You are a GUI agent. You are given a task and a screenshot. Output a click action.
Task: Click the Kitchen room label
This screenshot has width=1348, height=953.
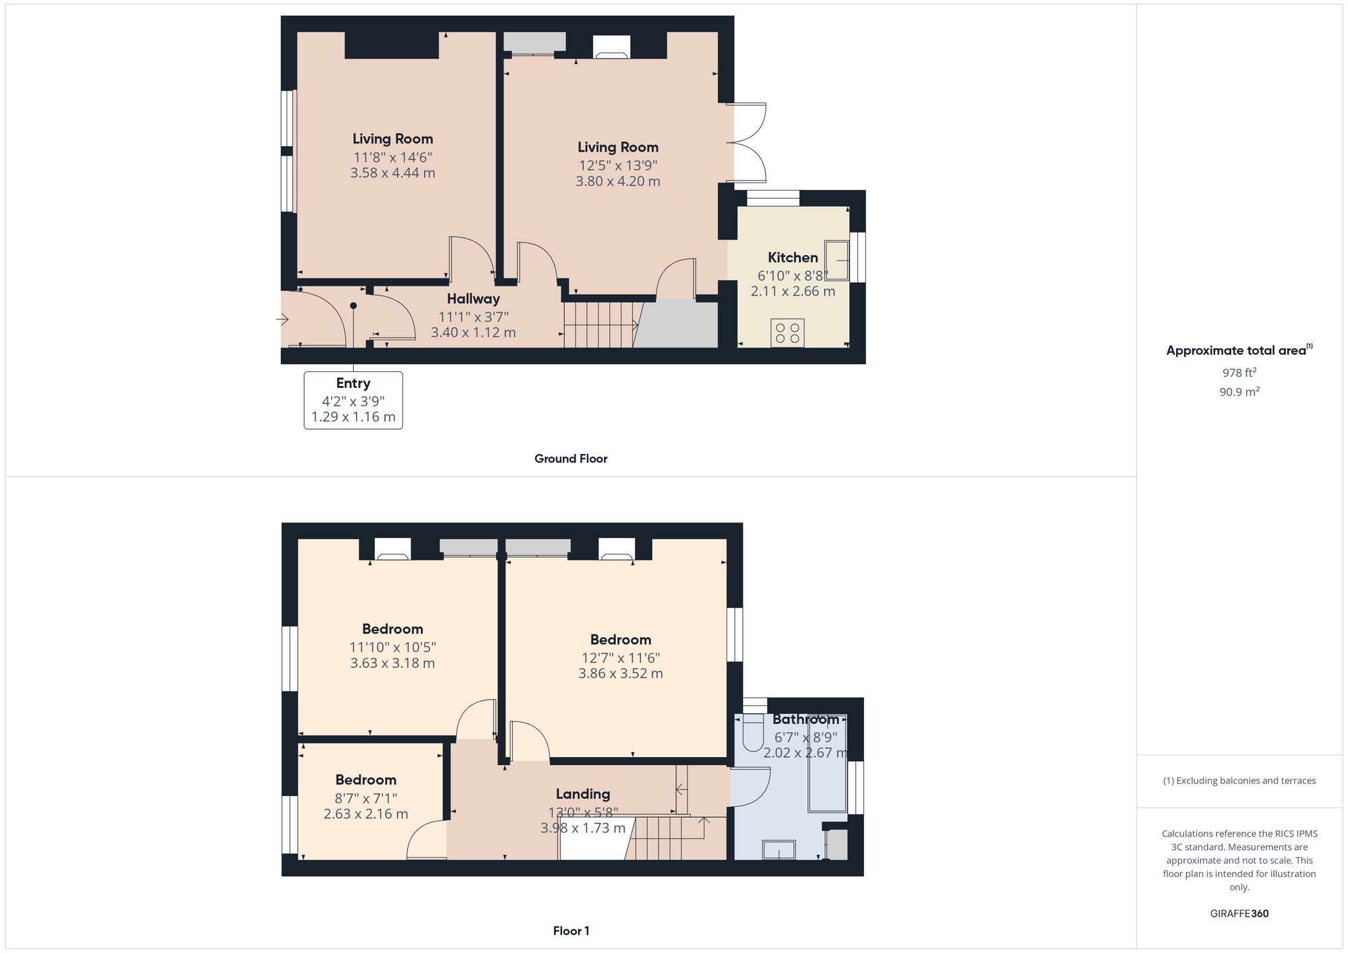(793, 257)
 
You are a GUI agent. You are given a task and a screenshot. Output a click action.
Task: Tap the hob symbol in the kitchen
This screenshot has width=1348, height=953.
(787, 333)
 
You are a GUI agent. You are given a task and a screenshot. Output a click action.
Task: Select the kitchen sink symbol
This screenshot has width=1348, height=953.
(836, 260)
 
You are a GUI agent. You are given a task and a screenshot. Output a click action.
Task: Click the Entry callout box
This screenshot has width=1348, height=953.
(353, 400)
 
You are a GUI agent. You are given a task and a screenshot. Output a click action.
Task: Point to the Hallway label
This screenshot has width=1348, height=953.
(473, 298)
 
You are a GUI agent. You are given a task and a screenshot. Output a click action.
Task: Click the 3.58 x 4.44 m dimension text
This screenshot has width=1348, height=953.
(392, 173)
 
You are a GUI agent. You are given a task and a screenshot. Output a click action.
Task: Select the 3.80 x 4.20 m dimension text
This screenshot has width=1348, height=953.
(617, 181)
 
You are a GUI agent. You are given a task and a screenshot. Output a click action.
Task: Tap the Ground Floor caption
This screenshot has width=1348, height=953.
(571, 459)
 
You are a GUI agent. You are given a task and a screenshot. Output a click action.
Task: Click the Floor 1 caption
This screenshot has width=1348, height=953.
(571, 931)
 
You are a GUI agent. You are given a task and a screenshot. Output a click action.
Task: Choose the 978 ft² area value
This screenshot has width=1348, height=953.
(1239, 372)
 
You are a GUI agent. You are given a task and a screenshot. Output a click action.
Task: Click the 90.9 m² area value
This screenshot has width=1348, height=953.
(1239, 391)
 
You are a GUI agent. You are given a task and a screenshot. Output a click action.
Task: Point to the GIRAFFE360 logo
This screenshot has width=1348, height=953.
(1239, 913)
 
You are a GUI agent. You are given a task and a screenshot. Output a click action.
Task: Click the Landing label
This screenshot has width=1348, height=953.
(582, 794)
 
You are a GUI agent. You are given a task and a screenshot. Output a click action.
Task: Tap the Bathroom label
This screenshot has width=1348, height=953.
(805, 719)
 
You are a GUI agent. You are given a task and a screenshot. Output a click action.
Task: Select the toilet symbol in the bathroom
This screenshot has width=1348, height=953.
(752, 737)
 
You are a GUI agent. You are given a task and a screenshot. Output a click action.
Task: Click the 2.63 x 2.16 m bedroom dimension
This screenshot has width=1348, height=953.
(365, 814)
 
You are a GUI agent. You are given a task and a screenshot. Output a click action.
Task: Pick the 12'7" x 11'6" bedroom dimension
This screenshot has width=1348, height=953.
(620, 657)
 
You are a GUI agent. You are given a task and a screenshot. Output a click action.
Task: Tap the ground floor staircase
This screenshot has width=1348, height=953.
(600, 325)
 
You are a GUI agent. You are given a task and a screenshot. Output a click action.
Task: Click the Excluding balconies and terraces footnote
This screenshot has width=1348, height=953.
(1239, 781)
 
